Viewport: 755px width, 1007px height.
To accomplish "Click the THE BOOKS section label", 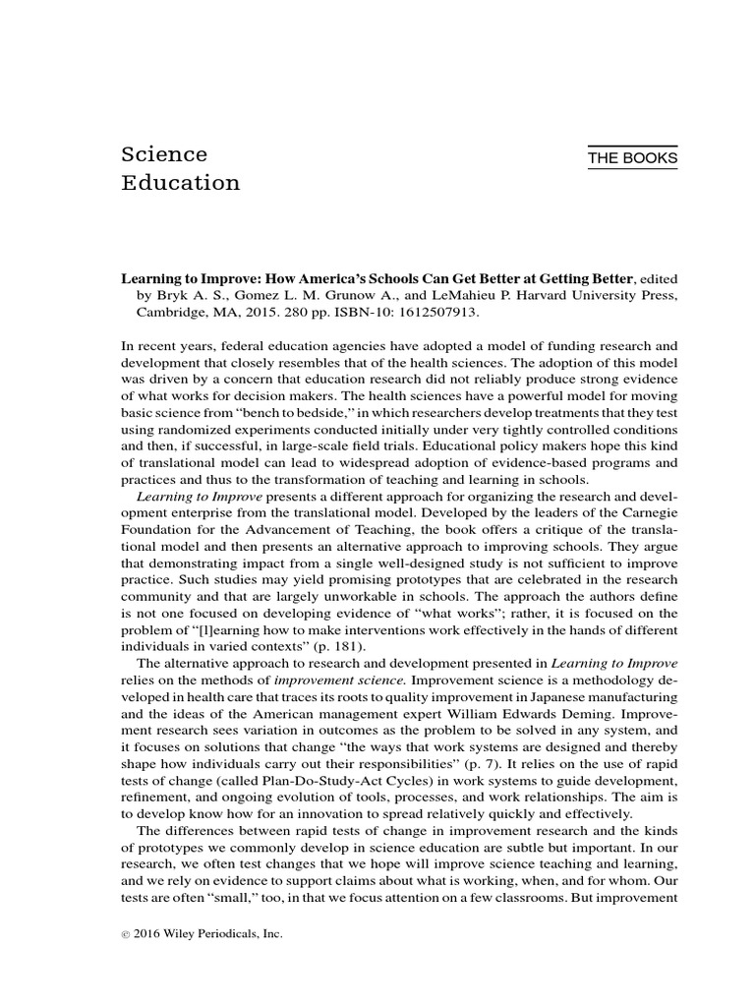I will pos(632,159).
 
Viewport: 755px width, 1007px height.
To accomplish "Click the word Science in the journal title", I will pos(164,155).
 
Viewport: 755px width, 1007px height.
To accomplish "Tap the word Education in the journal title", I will pos(180,183).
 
